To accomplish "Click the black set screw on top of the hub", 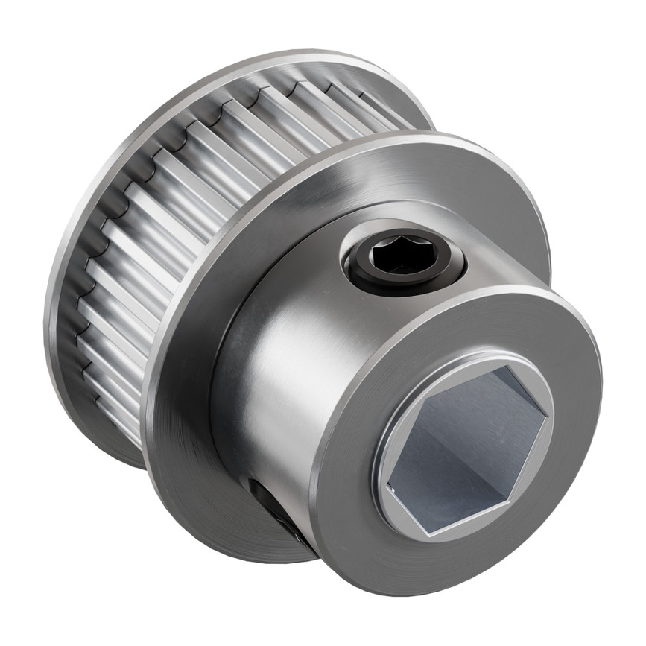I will (403, 262).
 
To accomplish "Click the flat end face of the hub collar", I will (373, 514).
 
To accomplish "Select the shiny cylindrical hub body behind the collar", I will (276, 387).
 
